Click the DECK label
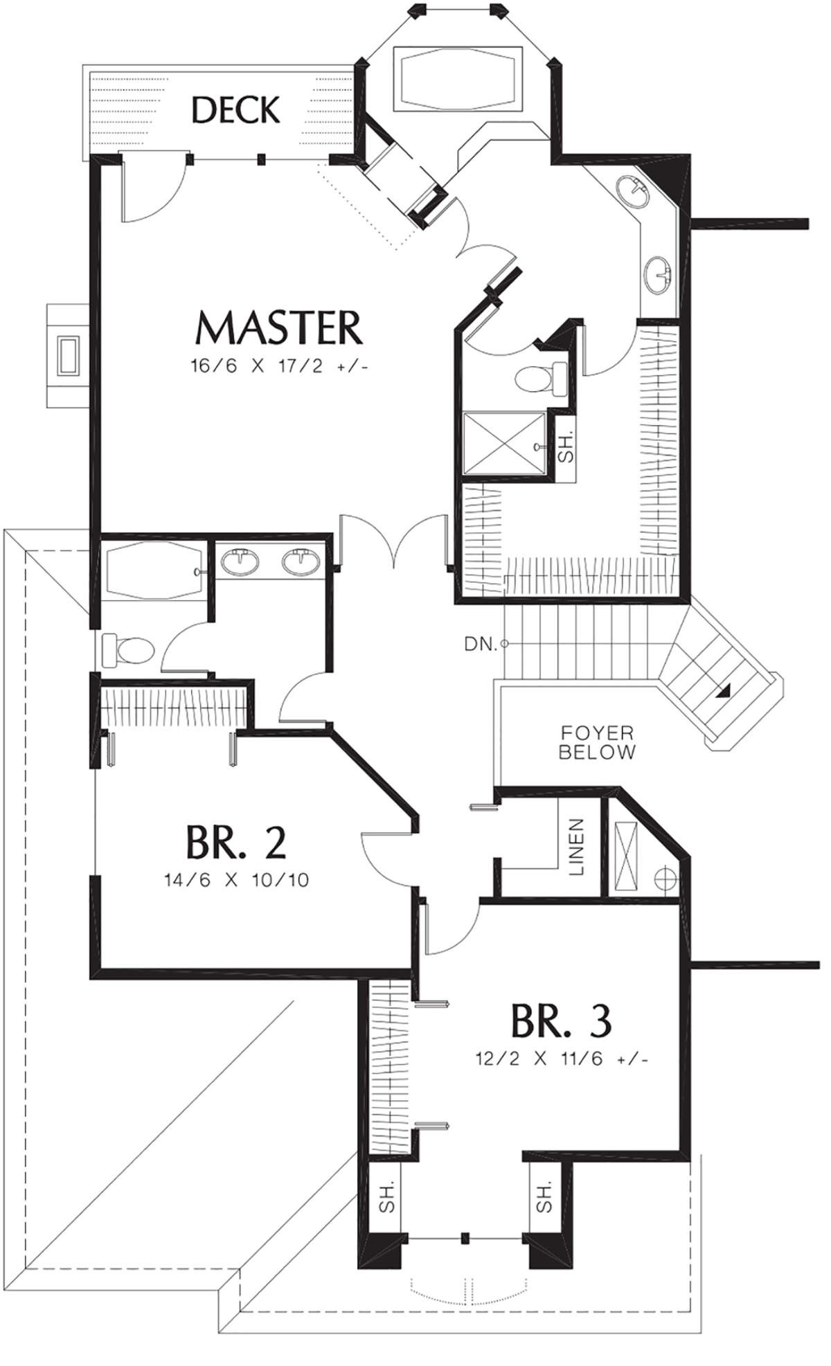click(236, 110)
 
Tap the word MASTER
click(279, 327)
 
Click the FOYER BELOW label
click(597, 742)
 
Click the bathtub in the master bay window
click(458, 78)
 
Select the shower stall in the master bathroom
click(504, 442)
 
